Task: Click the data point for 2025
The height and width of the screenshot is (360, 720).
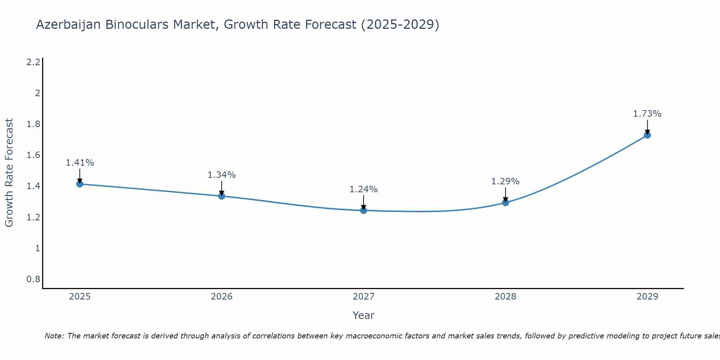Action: tap(80, 184)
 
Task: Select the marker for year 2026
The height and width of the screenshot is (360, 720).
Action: tap(222, 196)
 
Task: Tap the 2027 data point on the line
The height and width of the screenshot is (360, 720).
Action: tap(364, 210)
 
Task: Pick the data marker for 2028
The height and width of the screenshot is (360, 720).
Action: tap(505, 202)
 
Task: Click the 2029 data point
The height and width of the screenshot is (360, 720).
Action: tap(647, 135)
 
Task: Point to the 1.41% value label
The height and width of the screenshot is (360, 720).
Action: tap(80, 163)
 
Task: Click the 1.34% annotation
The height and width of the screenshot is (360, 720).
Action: tap(222, 175)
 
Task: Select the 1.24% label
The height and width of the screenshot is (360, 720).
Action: tap(364, 189)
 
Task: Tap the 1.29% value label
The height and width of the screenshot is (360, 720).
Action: tap(505, 181)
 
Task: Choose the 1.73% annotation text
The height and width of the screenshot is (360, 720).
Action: tap(647, 114)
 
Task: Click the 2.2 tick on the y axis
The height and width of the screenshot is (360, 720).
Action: tap(33, 62)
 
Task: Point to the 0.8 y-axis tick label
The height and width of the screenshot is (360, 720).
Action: tap(33, 279)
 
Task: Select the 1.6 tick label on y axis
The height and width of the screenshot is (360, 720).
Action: tap(33, 155)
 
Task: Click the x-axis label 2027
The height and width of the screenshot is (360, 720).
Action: tap(364, 297)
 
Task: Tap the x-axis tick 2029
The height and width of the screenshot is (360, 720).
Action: tap(647, 297)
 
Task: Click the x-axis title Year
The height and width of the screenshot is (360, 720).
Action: tap(364, 315)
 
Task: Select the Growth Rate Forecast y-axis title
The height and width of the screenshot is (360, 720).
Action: tap(9, 173)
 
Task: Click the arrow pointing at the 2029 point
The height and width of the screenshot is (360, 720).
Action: tap(647, 127)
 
